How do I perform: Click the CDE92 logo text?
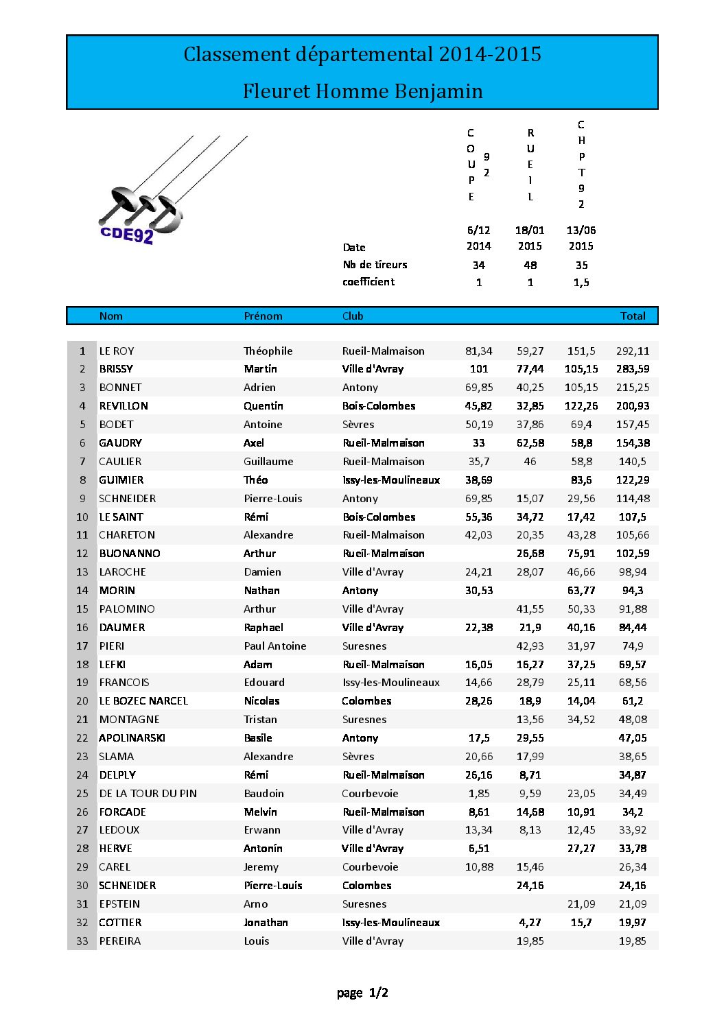click(x=127, y=235)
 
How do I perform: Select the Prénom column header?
click(x=263, y=316)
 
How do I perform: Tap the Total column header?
click(x=633, y=316)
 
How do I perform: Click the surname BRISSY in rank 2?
click(x=116, y=369)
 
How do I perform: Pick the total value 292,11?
click(x=632, y=351)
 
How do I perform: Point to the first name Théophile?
click(x=268, y=351)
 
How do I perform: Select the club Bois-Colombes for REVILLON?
click(x=379, y=406)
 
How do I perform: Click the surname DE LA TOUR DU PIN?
click(x=148, y=794)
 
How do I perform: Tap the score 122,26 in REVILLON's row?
click(x=581, y=406)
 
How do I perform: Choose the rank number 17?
click(x=82, y=646)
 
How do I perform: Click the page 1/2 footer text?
click(x=362, y=993)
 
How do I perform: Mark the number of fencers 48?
click(x=530, y=265)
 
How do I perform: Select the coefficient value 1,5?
click(x=581, y=282)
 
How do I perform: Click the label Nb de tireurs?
click(x=375, y=265)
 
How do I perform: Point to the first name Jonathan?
click(x=266, y=923)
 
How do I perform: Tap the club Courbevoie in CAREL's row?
click(x=370, y=867)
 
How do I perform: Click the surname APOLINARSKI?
click(x=132, y=738)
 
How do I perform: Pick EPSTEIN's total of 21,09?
click(x=632, y=904)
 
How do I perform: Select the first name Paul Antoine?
click(x=274, y=646)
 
